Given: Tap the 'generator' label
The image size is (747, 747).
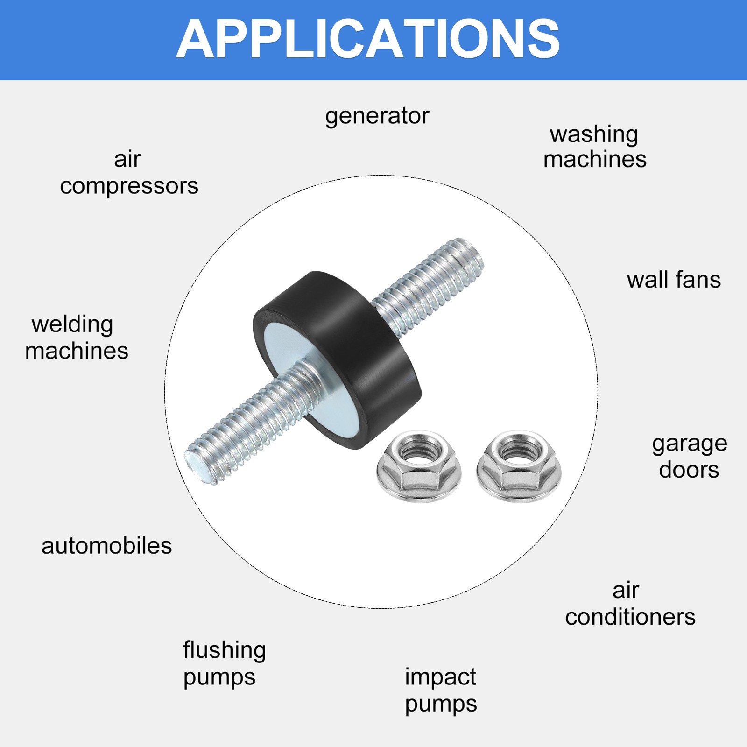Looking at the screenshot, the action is point(377,116).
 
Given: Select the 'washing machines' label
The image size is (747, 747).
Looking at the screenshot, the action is point(595,147).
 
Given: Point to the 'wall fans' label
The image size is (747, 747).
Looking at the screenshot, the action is point(674,280).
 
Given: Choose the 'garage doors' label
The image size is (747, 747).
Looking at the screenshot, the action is point(690,457).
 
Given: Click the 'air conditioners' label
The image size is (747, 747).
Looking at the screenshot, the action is point(630,604).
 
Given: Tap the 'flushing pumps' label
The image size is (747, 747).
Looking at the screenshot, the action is point(225,663).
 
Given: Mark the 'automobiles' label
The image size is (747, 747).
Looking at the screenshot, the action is point(106,546).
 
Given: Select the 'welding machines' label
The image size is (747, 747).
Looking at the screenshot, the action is point(77,338).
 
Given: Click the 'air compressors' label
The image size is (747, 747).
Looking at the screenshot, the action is point(129,173).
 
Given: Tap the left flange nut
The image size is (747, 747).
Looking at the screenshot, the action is point(419,466).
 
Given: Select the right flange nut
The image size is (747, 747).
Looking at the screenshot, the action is point(519,466).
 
